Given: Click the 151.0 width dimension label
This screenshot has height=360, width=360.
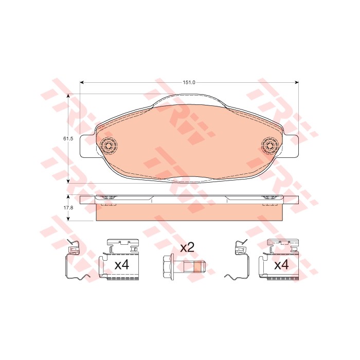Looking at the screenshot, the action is [x=189, y=82].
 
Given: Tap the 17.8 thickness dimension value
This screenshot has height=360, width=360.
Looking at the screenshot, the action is [x=68, y=208].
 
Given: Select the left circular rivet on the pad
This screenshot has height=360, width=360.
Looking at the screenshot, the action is [x=109, y=145].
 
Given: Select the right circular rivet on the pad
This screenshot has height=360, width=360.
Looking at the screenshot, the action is [x=271, y=145].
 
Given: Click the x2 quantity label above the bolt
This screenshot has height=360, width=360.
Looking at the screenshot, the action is [x=187, y=248].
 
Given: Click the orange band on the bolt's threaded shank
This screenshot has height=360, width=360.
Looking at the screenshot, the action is [x=197, y=266].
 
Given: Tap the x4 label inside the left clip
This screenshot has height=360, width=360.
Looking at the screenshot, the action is [x=122, y=265].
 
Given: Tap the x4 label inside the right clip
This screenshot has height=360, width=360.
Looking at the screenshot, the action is [x=281, y=265].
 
